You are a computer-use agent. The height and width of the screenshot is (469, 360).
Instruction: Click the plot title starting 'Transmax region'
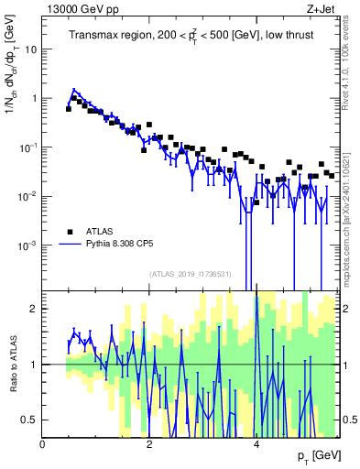tap(190, 36)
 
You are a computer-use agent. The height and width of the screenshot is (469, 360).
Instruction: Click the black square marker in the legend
tap(70, 231)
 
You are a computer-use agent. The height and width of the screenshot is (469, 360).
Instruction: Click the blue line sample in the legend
tap(70, 245)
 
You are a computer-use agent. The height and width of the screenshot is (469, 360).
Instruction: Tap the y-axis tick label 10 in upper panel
tap(30, 49)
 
